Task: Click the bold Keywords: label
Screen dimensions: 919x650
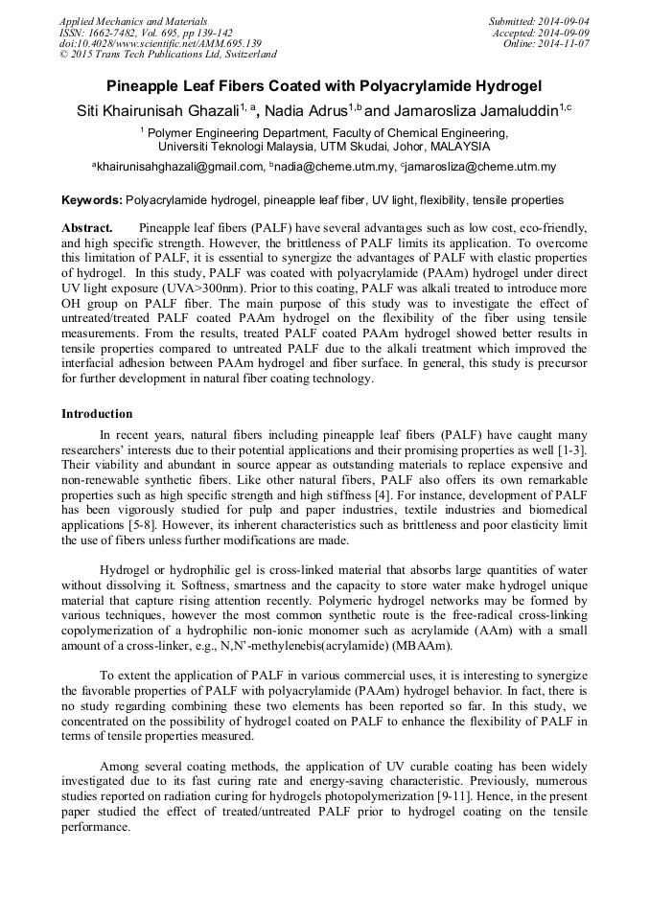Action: (92, 200)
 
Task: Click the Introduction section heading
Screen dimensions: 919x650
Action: (97, 414)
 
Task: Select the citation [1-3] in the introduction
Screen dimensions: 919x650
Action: (570, 448)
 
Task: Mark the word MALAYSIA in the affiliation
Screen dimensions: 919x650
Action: (459, 147)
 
